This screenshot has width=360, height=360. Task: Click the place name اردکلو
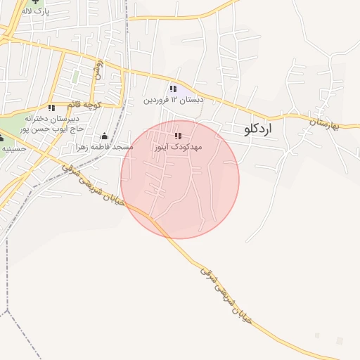pos(258,129)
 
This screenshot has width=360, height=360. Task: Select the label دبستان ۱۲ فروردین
pos(174,100)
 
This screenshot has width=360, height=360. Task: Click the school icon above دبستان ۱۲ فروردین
pos(174,89)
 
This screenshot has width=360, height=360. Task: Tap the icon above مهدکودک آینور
pos(177,136)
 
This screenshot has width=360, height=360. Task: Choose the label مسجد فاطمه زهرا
pos(105,147)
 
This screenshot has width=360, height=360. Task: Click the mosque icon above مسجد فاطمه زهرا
pos(105,136)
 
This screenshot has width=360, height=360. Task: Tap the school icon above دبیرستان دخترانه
pos(51,108)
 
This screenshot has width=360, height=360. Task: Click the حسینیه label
pos(13,148)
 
